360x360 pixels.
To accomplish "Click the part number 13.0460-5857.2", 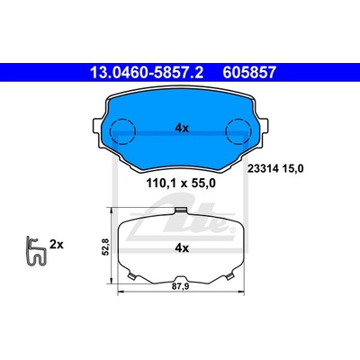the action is coord(147,73).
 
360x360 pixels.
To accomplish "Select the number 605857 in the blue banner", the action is coord(249,73).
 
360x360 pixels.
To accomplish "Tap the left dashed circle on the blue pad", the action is coord(122,131).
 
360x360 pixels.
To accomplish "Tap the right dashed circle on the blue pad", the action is coord(238,131).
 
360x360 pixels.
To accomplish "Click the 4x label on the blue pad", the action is coord(182,129).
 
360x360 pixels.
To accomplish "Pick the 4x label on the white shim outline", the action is coord(182,248).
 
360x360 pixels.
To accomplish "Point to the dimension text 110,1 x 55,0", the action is coord(181,183).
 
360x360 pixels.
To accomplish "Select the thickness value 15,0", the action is coord(292,169).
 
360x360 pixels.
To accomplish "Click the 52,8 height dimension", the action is coord(106,246).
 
